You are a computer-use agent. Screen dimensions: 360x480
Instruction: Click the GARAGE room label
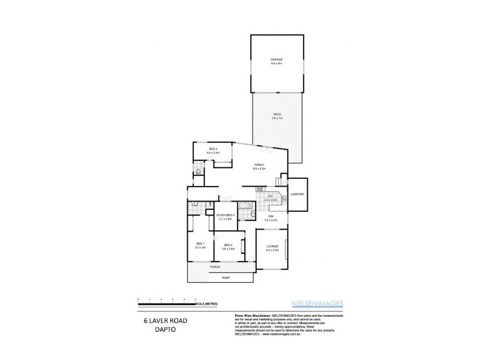(x=276, y=59)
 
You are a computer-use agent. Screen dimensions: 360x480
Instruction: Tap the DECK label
(x=277, y=115)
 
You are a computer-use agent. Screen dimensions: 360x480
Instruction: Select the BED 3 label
(x=213, y=149)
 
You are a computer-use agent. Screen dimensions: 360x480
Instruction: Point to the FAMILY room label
(x=259, y=164)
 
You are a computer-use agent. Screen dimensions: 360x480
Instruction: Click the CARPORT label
(x=298, y=194)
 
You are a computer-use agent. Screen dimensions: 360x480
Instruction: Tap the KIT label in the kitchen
(x=271, y=196)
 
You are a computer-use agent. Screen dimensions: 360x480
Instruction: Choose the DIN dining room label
(x=271, y=216)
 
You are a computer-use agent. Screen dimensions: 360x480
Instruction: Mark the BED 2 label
(x=229, y=244)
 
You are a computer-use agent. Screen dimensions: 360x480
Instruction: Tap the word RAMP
(x=226, y=278)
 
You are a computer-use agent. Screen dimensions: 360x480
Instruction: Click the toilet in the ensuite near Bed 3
(x=198, y=172)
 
